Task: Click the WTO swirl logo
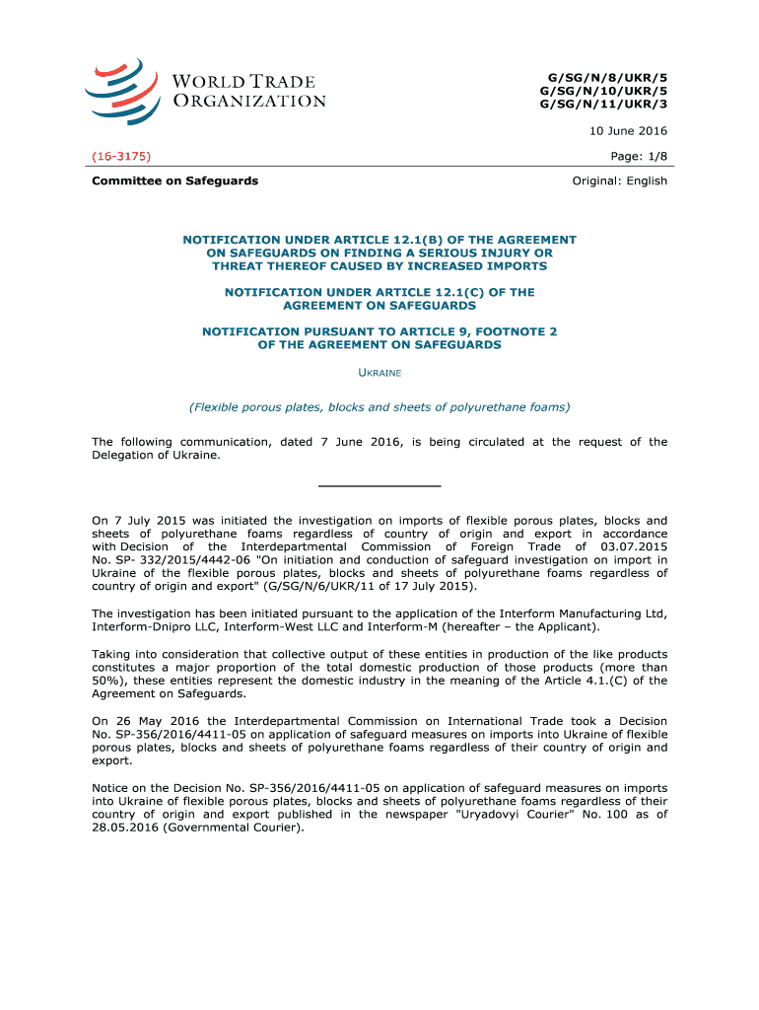click(x=120, y=91)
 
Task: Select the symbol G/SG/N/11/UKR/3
click(x=603, y=106)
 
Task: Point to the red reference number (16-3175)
click(x=121, y=156)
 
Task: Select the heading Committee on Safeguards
click(x=175, y=180)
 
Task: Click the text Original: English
click(x=620, y=180)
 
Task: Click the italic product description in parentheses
click(x=379, y=406)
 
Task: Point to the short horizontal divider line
click(x=379, y=486)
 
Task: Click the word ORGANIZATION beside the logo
click(x=250, y=101)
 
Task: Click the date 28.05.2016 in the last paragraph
click(x=125, y=828)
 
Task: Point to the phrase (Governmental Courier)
click(x=234, y=828)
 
